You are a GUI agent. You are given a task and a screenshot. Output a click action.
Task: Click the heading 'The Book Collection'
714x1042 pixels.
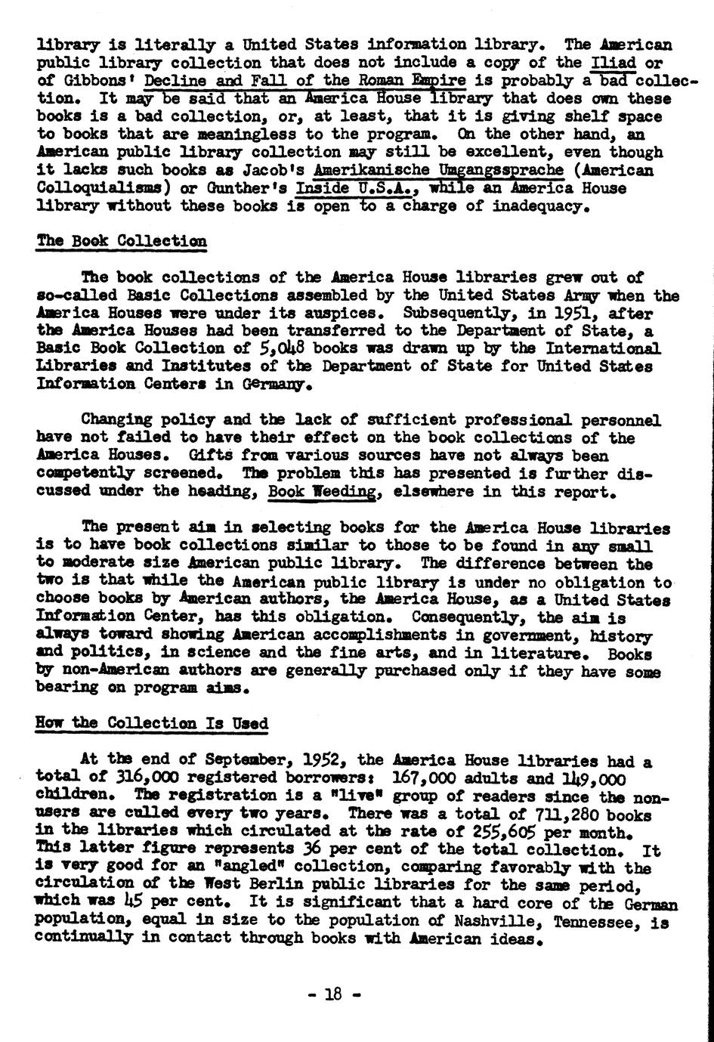coord(122,241)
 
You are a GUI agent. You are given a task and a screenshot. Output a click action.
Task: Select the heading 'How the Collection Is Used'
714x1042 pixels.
coord(152,723)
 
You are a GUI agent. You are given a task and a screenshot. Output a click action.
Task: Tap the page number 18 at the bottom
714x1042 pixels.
coord(334,994)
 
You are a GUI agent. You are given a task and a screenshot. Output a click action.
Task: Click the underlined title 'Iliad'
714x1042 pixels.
coord(614,63)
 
